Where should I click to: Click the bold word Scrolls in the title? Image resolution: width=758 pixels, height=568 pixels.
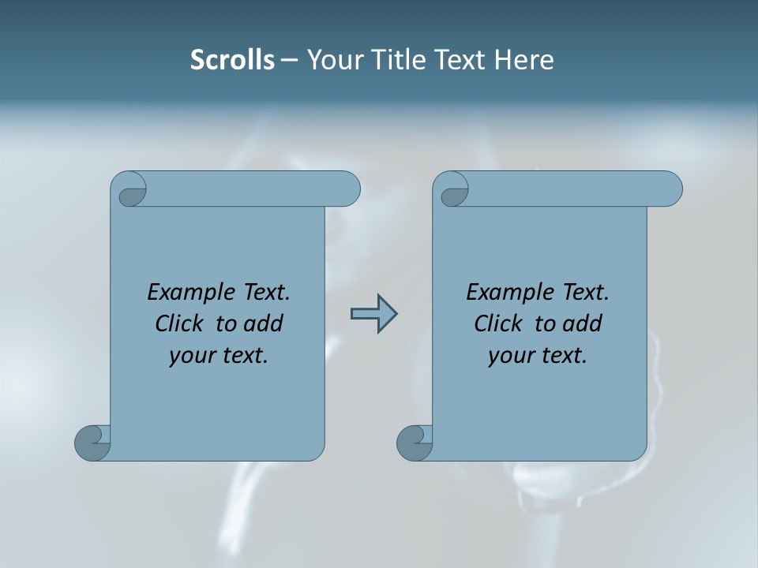click(x=232, y=60)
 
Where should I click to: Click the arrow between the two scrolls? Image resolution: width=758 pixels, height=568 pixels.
click(x=373, y=314)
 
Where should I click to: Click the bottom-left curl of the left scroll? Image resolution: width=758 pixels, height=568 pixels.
click(x=92, y=443)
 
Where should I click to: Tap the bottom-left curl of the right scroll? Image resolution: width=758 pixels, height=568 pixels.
click(x=414, y=443)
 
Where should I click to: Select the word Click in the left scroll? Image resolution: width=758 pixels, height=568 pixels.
click(x=180, y=324)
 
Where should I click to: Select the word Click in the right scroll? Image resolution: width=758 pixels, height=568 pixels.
click(x=498, y=324)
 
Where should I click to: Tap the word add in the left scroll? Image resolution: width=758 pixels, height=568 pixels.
click(x=265, y=324)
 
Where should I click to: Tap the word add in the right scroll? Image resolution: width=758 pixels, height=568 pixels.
click(x=584, y=324)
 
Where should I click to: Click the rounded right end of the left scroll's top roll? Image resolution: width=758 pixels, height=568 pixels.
click(x=347, y=189)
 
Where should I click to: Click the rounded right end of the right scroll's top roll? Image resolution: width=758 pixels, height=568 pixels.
click(x=670, y=189)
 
